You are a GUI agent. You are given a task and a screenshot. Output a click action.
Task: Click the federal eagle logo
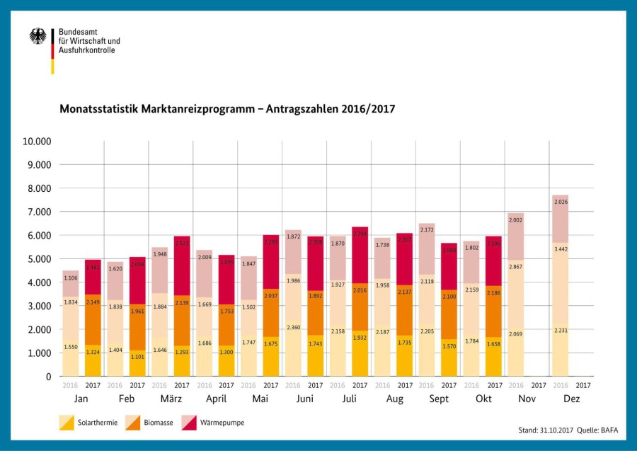[38, 36]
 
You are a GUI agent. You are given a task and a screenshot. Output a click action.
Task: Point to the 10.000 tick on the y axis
[38, 141]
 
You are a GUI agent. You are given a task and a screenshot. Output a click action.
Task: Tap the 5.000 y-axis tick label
[40, 258]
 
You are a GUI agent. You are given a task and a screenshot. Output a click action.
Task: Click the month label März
[170, 399]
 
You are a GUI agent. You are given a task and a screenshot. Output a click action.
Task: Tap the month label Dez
[571, 399]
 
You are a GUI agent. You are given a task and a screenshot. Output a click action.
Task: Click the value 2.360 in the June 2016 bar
[293, 327]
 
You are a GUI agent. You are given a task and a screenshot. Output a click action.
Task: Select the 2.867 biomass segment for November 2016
[516, 266]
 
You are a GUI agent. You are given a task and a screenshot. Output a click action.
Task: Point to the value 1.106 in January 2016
[71, 278]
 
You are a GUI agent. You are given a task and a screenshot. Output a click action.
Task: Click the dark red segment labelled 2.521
[182, 244]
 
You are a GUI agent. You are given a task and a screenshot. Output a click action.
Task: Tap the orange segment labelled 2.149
[93, 302]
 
